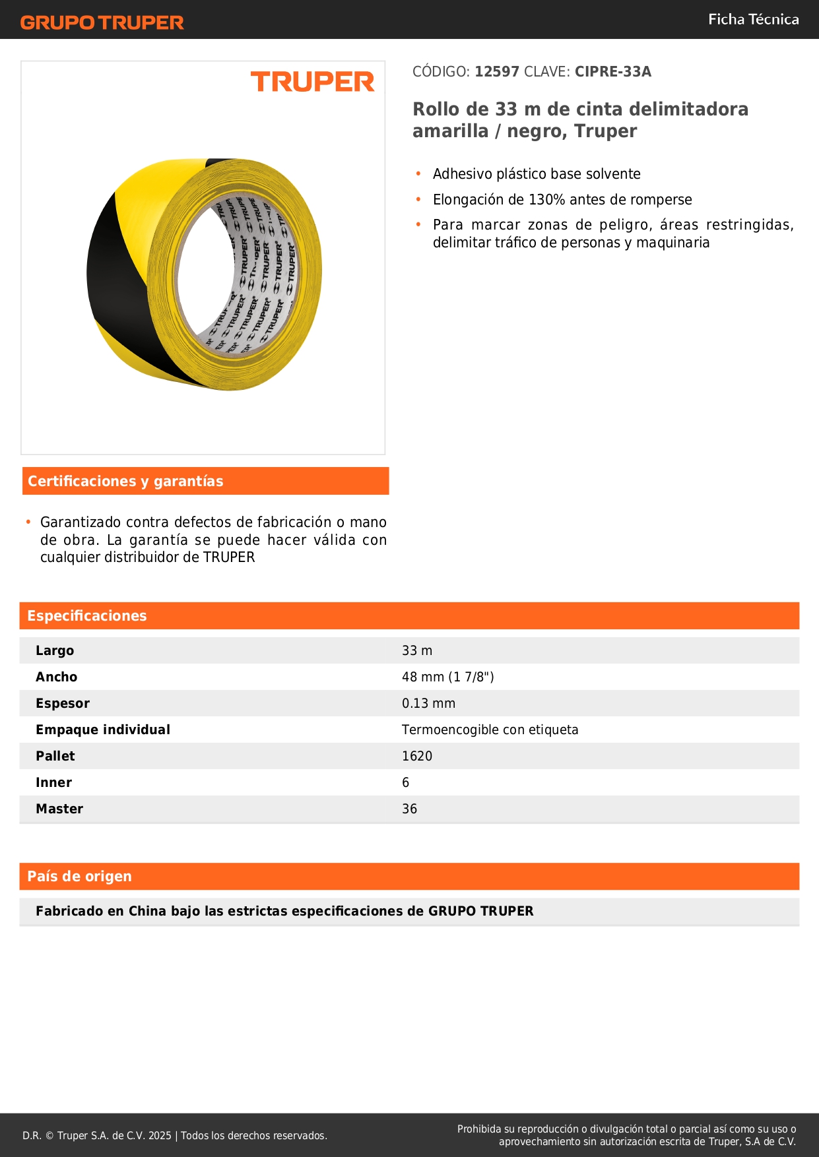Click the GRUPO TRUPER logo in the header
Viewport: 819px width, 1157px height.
click(102, 22)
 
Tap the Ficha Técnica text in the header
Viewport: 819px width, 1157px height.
click(753, 20)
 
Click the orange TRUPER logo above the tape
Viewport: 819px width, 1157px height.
click(312, 82)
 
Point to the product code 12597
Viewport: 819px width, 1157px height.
click(497, 72)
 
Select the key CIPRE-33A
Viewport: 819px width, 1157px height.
click(612, 72)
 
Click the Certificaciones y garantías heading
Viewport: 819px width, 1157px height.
click(125, 482)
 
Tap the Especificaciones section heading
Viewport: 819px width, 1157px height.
click(87, 616)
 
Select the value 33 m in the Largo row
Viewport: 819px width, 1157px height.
click(417, 650)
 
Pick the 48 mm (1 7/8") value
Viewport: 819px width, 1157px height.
click(447, 677)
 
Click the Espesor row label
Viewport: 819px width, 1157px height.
click(63, 703)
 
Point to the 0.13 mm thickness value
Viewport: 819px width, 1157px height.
click(428, 703)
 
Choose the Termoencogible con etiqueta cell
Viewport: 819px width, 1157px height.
click(490, 730)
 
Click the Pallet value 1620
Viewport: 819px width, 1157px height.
click(417, 756)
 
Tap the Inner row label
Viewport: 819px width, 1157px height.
click(53, 782)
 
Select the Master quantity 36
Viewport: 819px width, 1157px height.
click(409, 809)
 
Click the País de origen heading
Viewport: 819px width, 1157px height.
click(79, 877)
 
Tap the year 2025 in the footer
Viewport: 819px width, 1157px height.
click(160, 1135)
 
